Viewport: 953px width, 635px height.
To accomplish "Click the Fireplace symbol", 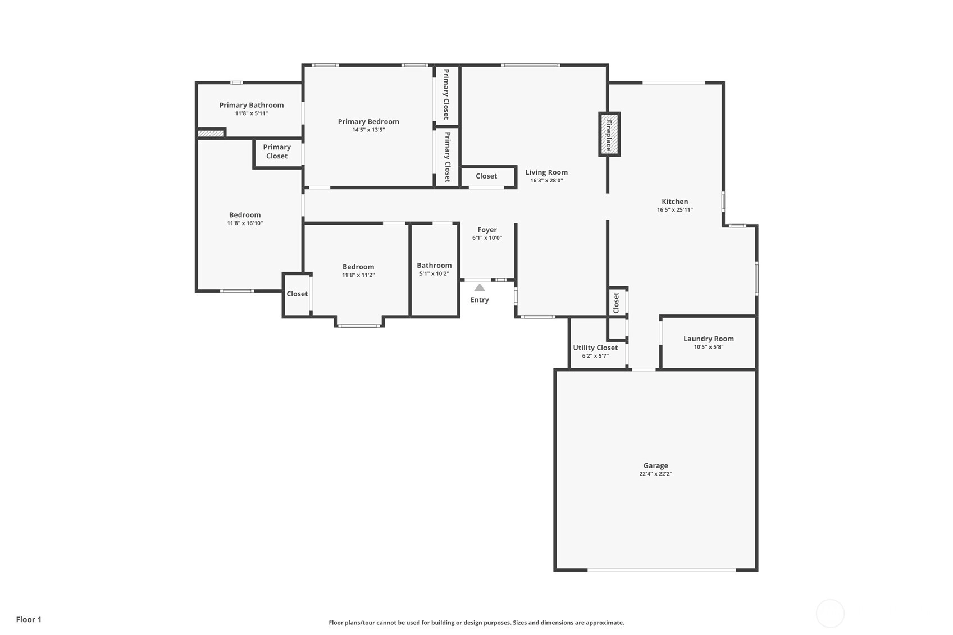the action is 609,134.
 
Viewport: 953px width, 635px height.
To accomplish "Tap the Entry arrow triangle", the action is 480,287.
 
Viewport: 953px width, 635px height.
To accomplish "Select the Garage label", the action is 655,466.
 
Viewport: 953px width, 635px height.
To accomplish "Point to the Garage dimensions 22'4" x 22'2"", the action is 655,474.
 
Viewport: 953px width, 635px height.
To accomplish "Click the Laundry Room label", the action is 708,339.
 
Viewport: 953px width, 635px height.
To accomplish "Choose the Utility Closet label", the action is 595,348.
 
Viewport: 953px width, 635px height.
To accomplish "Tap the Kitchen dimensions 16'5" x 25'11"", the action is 675,209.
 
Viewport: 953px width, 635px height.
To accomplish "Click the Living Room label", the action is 546,172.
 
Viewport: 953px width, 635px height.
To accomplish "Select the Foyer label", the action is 487,230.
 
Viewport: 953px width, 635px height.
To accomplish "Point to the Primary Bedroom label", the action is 368,122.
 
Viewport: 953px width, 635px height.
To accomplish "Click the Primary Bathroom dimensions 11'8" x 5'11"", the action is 252,113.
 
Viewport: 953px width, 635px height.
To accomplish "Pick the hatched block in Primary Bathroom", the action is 211,134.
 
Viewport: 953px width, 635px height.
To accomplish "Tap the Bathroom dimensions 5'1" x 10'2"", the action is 434,274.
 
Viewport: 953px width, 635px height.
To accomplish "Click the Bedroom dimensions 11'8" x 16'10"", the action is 245,223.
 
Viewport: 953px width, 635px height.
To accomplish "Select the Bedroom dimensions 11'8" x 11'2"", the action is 358,275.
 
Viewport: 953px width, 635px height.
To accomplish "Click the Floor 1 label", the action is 29,619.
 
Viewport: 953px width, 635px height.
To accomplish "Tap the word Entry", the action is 480,300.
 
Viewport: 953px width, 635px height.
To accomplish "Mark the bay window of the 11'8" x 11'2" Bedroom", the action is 359,326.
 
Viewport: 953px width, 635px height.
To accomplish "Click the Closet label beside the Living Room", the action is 486,176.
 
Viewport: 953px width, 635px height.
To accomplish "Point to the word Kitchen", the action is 675,202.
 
